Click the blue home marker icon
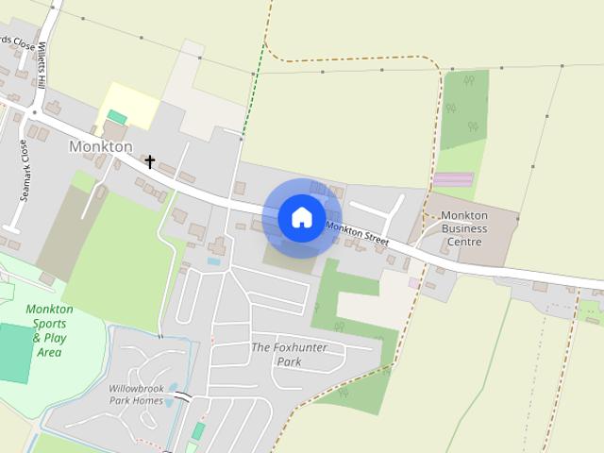301,217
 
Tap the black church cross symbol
149,162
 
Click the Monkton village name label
101,146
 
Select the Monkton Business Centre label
464,228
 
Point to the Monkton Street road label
358,234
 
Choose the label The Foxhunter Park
289,354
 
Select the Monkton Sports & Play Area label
49,330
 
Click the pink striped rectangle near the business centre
453,178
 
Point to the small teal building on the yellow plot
117,117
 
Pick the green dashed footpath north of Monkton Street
251,104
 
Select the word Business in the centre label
464,228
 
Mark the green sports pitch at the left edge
13,352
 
